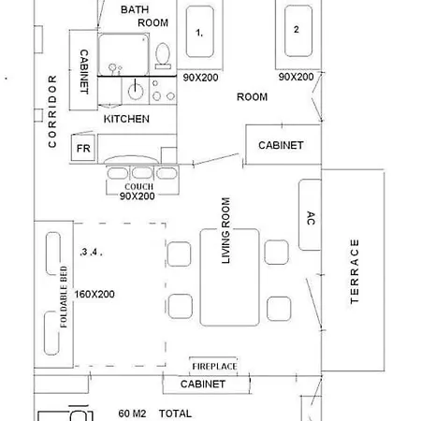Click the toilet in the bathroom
(163, 56)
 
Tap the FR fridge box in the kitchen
(83, 148)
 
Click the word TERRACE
(355, 271)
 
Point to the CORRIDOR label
(52, 111)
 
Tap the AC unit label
(311, 218)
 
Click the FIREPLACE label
(214, 367)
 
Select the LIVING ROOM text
(225, 230)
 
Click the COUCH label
(139, 186)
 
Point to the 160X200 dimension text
(94, 294)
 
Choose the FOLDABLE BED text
(64, 297)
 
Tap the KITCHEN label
(126, 119)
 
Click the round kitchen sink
(136, 91)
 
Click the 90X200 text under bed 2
(296, 77)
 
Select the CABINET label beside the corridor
(84, 71)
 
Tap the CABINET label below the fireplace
(203, 384)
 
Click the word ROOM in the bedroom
(252, 97)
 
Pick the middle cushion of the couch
(142, 173)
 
